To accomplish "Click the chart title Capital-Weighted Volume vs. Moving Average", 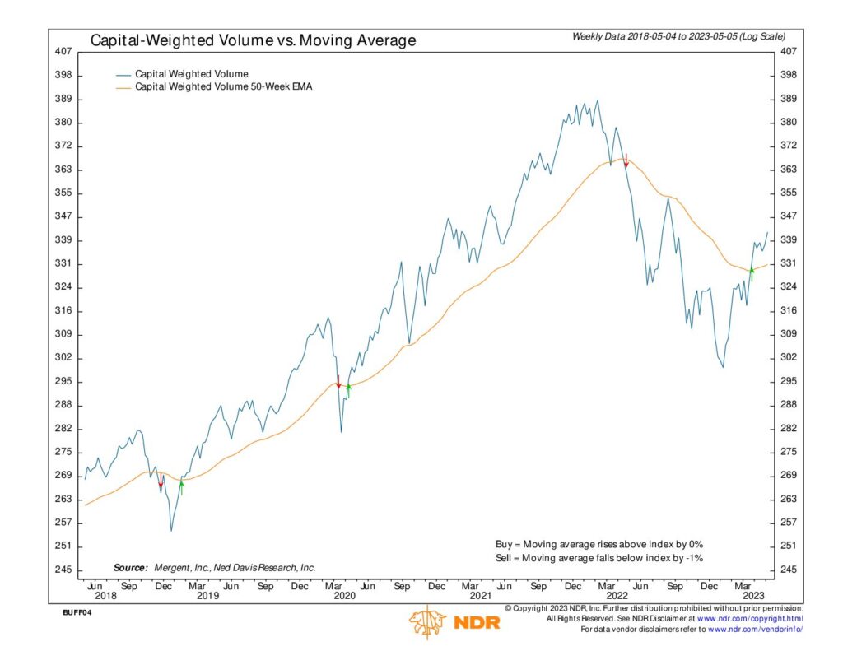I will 253,40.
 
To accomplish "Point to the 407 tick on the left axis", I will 63,51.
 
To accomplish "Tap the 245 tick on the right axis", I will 788,570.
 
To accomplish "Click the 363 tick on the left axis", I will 63,170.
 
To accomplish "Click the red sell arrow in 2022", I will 626,160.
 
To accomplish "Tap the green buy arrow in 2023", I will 752,273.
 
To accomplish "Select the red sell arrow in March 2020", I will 338,382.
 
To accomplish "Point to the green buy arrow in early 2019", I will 181,486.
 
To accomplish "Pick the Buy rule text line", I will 598,544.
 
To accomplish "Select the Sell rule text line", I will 598,558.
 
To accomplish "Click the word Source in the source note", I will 130,568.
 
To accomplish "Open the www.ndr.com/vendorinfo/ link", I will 754,629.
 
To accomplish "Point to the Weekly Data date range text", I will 678,37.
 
